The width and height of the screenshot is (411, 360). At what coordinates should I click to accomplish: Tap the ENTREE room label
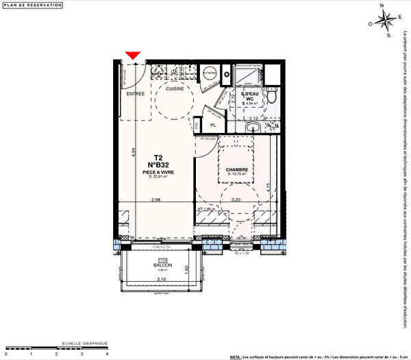pyautogui.click(x=135, y=93)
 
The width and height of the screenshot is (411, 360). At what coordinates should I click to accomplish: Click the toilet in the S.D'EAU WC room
pyautogui.click(x=272, y=97)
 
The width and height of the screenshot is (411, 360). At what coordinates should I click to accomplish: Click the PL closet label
pyautogui.click(x=213, y=125)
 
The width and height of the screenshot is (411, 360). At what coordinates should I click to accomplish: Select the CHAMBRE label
pyautogui.click(x=236, y=169)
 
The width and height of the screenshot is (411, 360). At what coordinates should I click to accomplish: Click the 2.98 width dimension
pyautogui.click(x=156, y=200)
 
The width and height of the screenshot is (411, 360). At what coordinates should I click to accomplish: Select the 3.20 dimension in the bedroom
pyautogui.click(x=236, y=200)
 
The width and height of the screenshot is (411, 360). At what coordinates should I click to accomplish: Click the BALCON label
pyautogui.click(x=162, y=265)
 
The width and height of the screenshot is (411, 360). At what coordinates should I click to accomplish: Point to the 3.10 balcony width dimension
pyautogui.click(x=161, y=279)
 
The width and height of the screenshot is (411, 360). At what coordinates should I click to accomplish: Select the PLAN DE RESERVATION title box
pyautogui.click(x=33, y=5)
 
